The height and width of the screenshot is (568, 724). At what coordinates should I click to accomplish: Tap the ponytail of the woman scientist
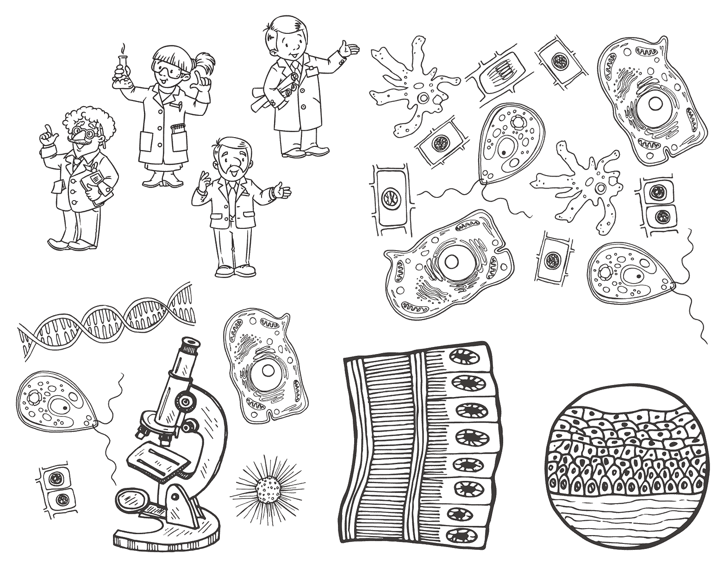pos(204,63)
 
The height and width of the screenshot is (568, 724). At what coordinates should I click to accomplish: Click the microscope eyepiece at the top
pos(190,345)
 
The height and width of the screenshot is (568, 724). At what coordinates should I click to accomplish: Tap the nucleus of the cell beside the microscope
pos(267,370)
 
